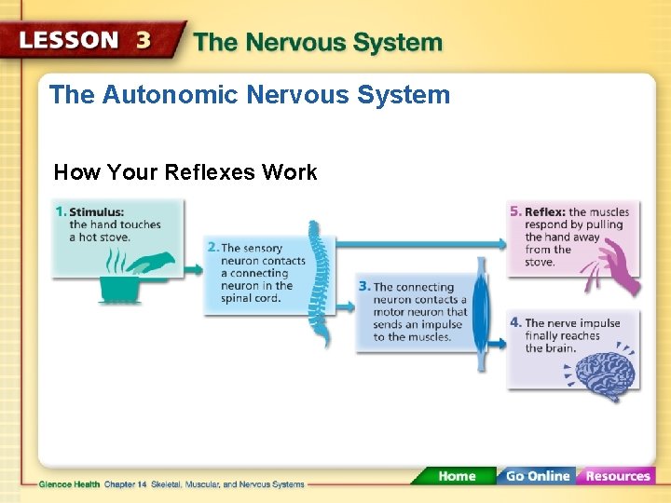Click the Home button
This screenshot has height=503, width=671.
coord(456,476)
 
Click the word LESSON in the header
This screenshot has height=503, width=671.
coord(71,41)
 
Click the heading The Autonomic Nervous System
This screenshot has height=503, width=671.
coord(249,95)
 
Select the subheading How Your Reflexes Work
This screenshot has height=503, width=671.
coord(185,172)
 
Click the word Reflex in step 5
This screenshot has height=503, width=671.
coord(544,212)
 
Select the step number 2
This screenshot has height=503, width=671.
coord(212,248)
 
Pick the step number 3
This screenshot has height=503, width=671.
coord(364,287)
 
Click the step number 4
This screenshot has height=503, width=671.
coord(515,323)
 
